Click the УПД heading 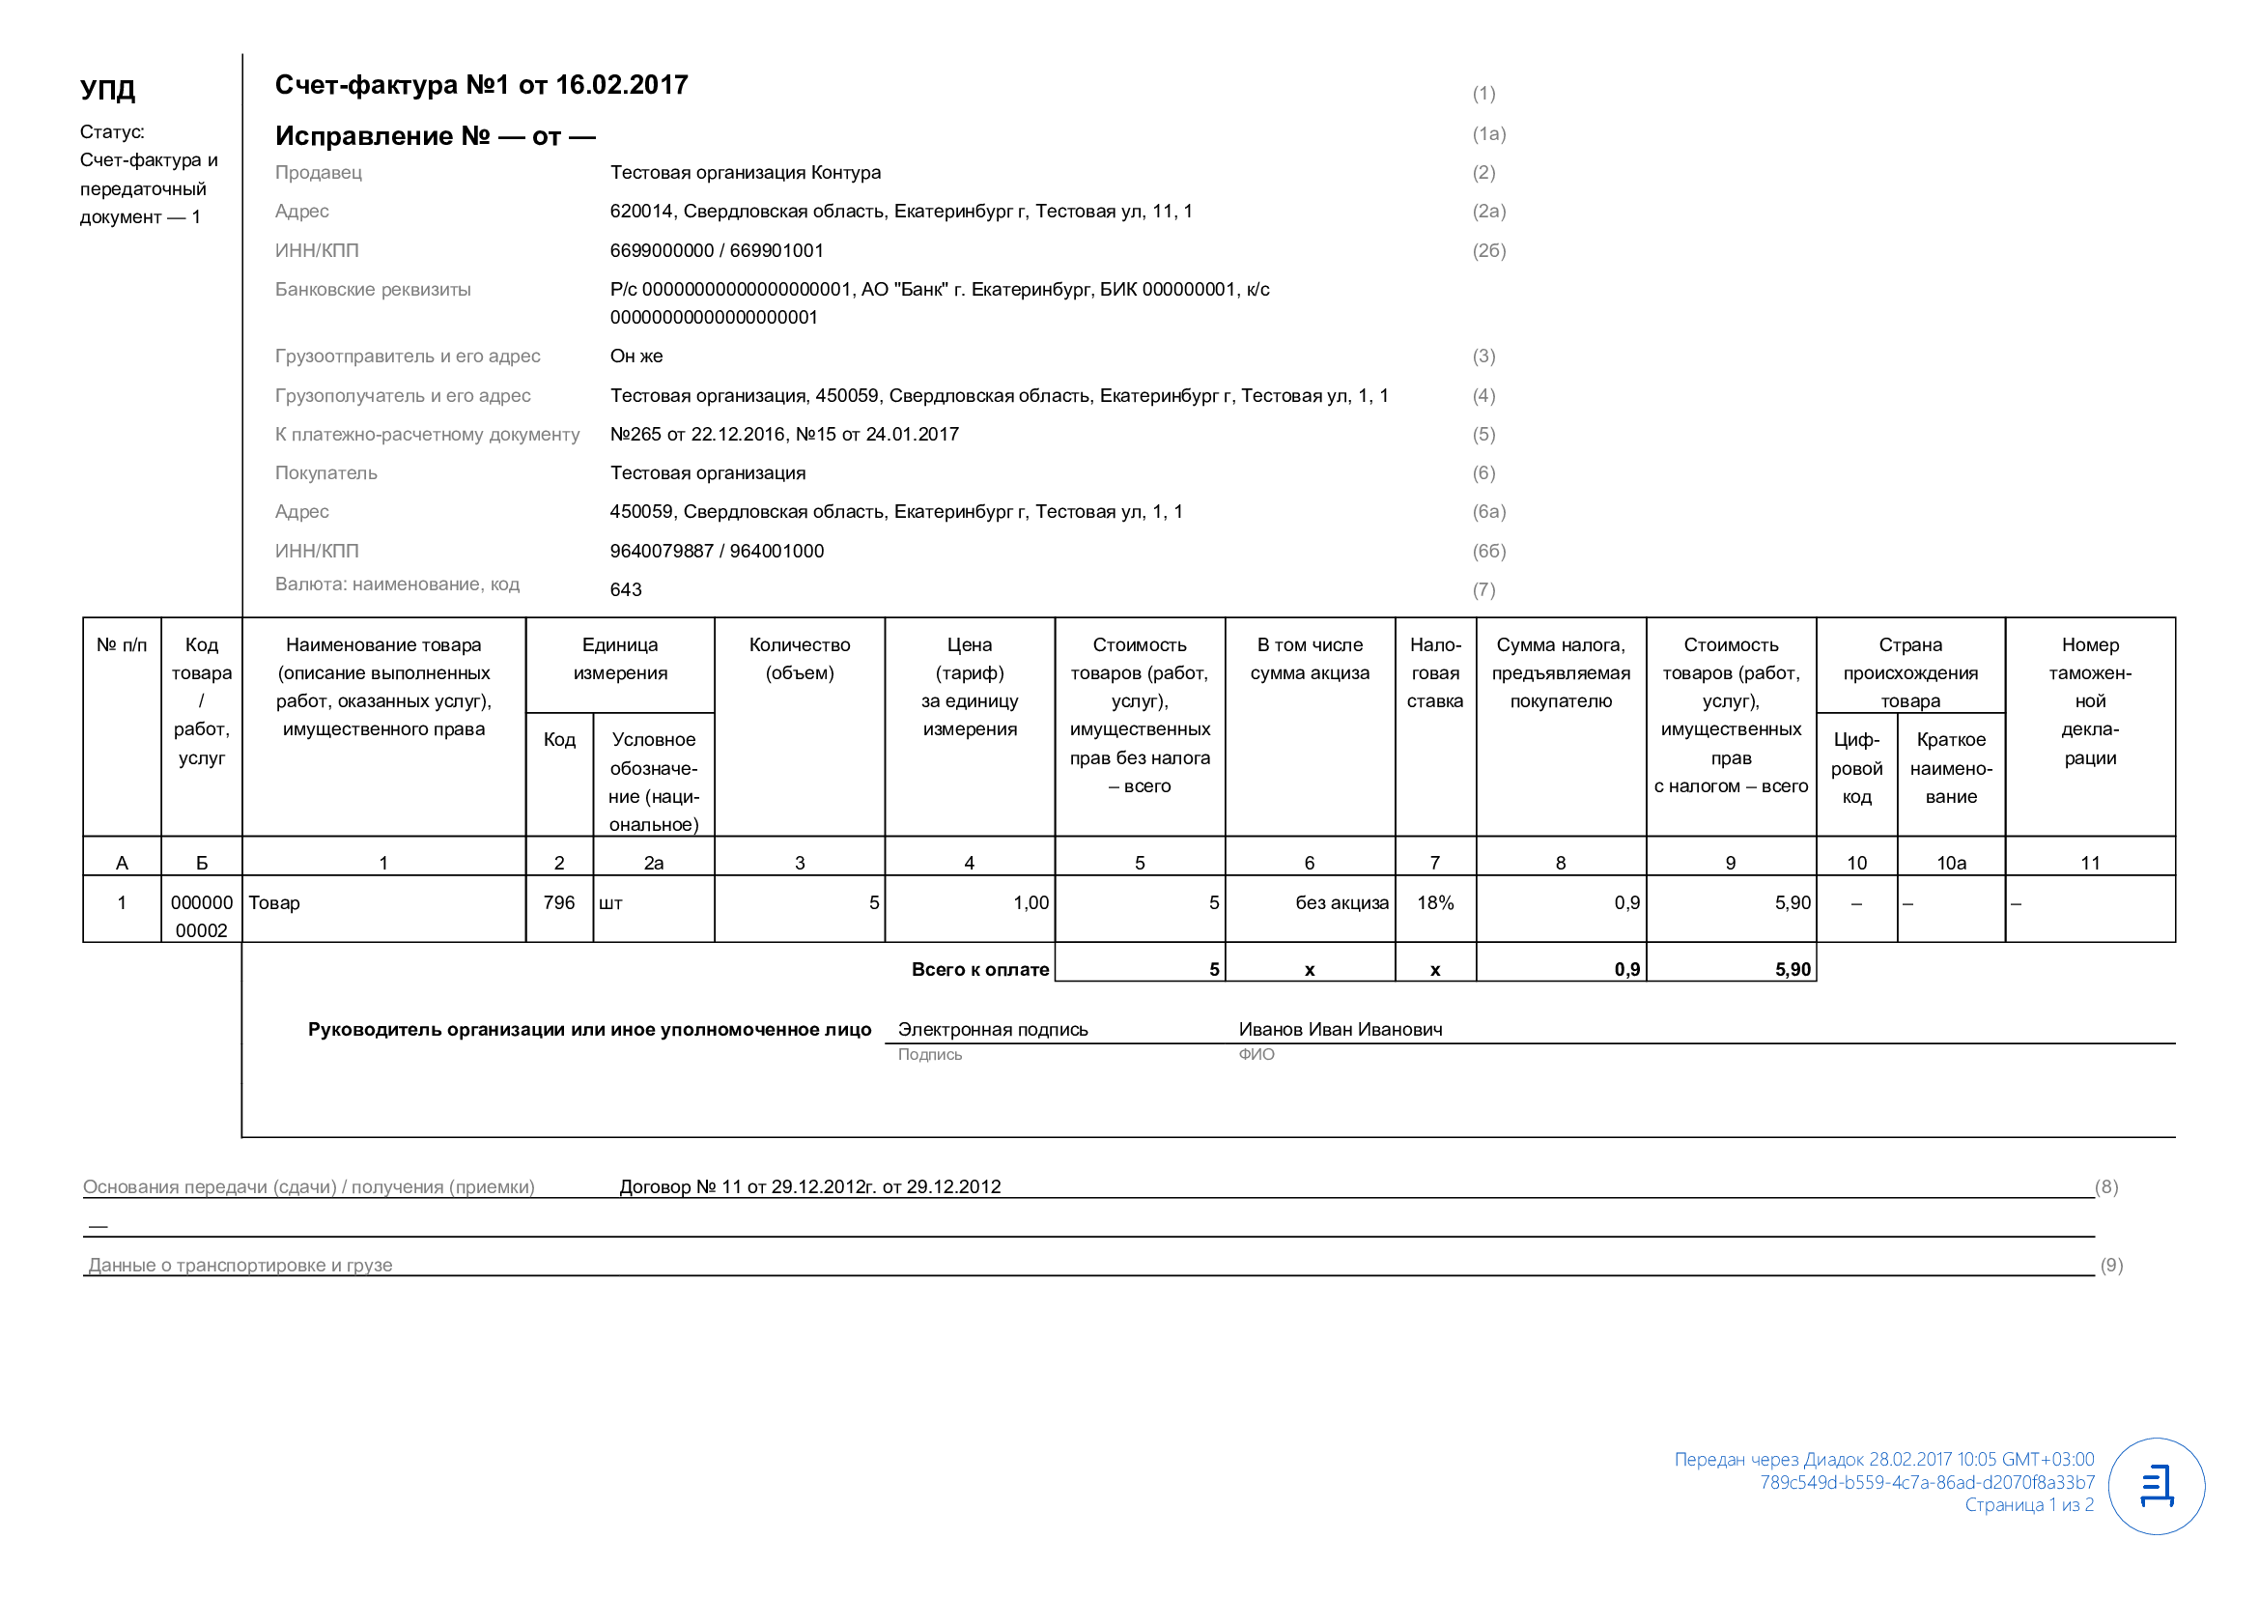click(x=107, y=90)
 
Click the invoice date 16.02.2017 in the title click(x=621, y=86)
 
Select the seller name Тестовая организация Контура click(x=745, y=173)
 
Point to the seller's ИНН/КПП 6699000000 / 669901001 click(x=717, y=251)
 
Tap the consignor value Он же click(x=635, y=356)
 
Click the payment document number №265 click(x=635, y=435)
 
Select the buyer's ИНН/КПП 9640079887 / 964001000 click(x=717, y=551)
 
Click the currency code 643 click(x=626, y=590)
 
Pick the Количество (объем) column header click(x=799, y=659)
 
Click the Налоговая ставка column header click(x=1434, y=673)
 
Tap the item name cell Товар click(x=274, y=903)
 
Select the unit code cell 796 click(x=559, y=903)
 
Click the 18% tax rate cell click(x=1434, y=903)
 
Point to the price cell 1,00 click(x=1031, y=903)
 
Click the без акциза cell click(x=1341, y=903)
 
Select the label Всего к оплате click(x=980, y=970)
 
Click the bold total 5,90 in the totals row click(x=1792, y=970)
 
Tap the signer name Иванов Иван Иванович click(x=1341, y=1030)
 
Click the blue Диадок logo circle click(x=2156, y=1487)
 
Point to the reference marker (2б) click(x=1488, y=251)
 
